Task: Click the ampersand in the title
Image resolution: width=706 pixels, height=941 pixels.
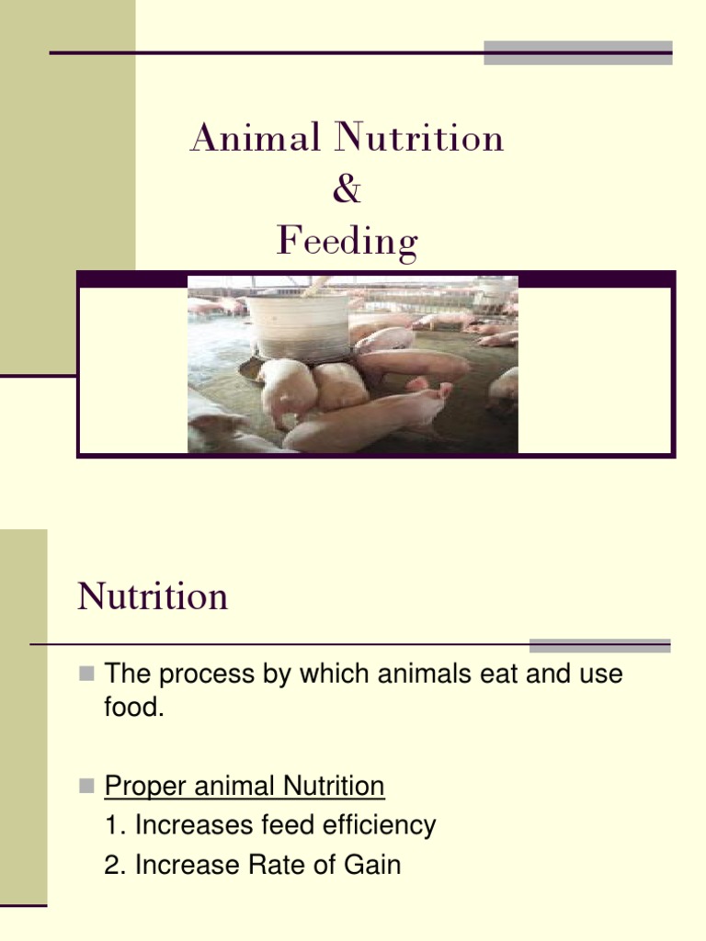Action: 347,191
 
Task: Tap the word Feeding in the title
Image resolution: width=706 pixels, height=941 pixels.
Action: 347,242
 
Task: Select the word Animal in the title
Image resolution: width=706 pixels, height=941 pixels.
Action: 256,139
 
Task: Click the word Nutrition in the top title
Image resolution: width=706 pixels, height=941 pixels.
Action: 419,139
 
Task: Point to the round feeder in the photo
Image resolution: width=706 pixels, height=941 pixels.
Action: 299,326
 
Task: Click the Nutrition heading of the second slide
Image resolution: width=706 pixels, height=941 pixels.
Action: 153,597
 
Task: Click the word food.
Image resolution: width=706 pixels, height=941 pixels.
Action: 133,709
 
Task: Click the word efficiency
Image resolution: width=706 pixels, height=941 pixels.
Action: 382,826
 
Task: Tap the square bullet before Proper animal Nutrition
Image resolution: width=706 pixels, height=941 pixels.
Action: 86,787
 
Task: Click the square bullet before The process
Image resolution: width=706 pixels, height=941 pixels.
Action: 86,675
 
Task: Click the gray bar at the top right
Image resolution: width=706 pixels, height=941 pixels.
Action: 577,52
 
